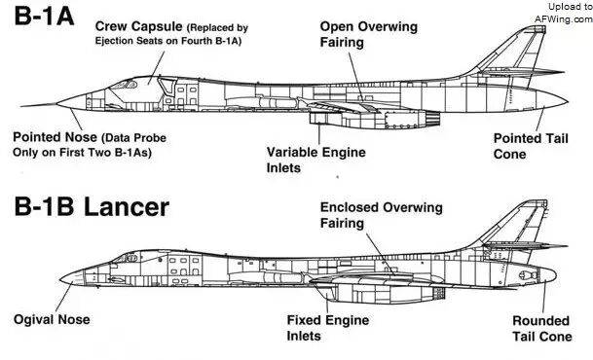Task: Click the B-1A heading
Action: (44, 17)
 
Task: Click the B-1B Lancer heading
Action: (92, 207)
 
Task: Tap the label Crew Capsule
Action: (138, 26)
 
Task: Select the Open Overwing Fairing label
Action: (369, 34)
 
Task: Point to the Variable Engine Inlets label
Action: (316, 160)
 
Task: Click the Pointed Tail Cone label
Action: (531, 146)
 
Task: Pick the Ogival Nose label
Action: (52, 319)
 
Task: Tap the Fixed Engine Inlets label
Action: (328, 328)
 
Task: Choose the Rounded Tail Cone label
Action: (542, 329)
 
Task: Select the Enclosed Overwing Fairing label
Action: (382, 215)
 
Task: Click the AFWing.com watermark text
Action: (564, 18)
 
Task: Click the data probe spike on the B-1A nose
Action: (39, 105)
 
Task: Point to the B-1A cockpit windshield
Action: (125, 85)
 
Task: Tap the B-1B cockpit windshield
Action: (125, 259)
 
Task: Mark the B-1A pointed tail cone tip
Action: (568, 101)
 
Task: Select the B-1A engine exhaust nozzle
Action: (432, 119)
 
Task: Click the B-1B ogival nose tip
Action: (60, 279)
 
